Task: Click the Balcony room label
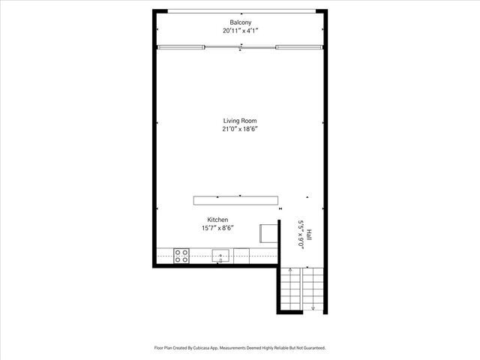(x=241, y=22)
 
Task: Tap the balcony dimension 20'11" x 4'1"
(x=241, y=31)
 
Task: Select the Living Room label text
(x=240, y=120)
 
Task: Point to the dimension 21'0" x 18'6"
(x=240, y=129)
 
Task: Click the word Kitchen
(x=218, y=220)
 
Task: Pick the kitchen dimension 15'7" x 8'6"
(x=218, y=229)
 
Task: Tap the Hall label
(x=308, y=234)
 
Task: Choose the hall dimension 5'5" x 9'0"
(x=300, y=234)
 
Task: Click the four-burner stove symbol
(x=181, y=256)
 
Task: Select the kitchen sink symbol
(x=220, y=256)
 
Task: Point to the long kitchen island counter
(x=235, y=200)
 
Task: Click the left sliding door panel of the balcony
(x=181, y=47)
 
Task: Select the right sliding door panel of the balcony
(x=300, y=47)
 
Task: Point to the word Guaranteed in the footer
(x=310, y=348)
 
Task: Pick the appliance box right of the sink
(x=241, y=256)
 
